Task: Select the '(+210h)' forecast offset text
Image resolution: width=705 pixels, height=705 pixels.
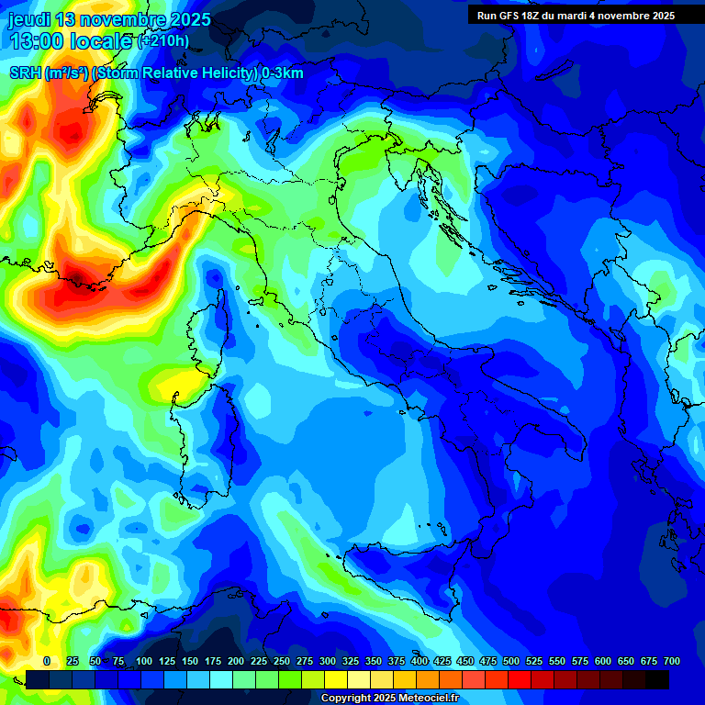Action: [163, 41]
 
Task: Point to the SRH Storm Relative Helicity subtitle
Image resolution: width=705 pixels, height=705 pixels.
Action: [156, 73]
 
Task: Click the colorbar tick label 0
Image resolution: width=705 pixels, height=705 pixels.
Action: [47, 661]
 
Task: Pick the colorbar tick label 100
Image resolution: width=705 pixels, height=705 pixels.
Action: [144, 661]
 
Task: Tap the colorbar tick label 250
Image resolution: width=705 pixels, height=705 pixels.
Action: [282, 661]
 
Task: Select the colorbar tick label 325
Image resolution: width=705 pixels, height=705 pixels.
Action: [351, 661]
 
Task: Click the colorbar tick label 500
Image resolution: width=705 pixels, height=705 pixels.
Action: [511, 661]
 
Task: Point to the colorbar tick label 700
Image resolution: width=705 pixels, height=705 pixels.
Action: [672, 661]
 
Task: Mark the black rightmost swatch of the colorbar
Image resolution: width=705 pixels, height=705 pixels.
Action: [657, 679]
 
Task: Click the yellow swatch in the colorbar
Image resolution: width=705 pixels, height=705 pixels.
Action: [336, 679]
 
